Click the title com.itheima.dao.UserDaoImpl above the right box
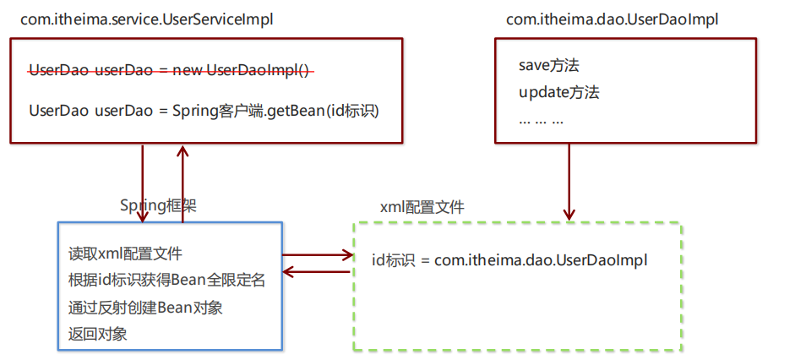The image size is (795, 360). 613,19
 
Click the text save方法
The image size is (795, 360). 548,65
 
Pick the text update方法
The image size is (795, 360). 558,92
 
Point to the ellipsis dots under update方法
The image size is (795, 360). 541,119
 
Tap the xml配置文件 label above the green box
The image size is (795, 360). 422,207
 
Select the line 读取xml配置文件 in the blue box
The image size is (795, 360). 125,254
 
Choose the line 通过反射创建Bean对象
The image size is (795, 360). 145,307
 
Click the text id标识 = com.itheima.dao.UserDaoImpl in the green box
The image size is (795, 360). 509,260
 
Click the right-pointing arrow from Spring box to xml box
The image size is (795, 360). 317,254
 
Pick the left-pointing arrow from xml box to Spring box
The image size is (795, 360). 317,271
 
